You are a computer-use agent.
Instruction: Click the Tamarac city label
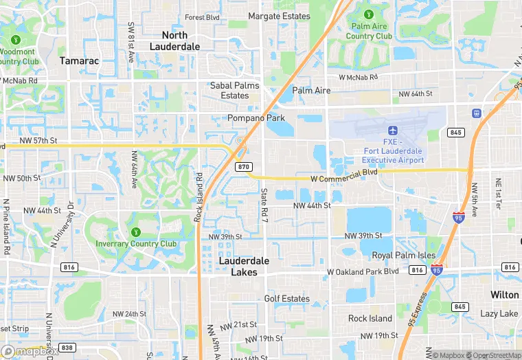[x=79, y=60]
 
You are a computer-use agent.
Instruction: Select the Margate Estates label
[x=279, y=16]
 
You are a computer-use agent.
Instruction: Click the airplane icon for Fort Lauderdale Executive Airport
[x=393, y=131]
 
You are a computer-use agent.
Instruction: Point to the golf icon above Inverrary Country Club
[x=136, y=232]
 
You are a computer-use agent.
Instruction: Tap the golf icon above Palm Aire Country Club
[x=370, y=14]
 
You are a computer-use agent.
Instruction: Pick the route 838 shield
[x=67, y=348]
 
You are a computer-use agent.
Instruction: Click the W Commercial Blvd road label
[x=344, y=178]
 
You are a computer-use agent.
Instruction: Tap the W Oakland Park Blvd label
[x=363, y=271]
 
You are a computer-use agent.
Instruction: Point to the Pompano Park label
[x=256, y=118]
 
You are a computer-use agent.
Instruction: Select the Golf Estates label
[x=287, y=299]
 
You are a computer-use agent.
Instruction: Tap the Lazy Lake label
[x=499, y=313]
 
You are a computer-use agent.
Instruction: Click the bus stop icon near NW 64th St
[x=476, y=113]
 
